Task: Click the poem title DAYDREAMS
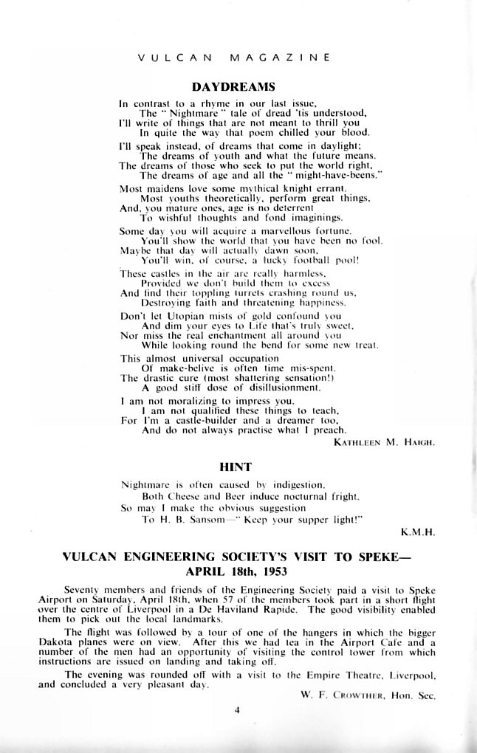tap(233, 87)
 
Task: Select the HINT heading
tap(236, 467)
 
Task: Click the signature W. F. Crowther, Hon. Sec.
tap(368, 695)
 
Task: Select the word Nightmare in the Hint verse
tap(146, 485)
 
